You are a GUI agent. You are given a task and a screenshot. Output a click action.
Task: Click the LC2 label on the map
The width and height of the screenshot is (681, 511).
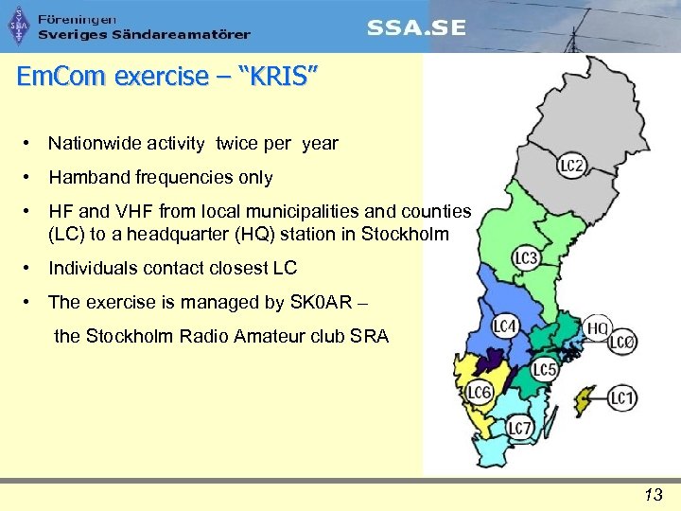571,167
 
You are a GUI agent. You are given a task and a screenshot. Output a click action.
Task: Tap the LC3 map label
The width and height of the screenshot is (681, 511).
526,257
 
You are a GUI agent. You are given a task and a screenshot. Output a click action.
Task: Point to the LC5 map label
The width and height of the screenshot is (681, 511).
544,369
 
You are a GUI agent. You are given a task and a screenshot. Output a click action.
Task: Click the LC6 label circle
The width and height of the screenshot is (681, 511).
480,393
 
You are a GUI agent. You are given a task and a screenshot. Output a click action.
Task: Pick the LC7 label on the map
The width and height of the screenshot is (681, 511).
519,429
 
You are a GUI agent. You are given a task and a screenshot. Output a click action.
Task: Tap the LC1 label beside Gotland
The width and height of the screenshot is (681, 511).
621,398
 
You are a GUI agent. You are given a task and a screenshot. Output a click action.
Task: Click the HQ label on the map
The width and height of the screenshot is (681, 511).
598,328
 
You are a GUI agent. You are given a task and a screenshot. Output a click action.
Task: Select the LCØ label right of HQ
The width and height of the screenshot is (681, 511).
621,343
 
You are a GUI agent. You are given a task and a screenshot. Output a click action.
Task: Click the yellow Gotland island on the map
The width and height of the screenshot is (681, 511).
586,397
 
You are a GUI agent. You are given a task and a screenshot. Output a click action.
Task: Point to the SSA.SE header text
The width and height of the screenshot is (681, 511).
416,27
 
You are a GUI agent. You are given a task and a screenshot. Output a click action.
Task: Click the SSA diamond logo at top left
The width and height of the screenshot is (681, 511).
19,26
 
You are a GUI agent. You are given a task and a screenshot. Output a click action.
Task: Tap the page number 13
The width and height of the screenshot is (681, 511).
653,494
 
